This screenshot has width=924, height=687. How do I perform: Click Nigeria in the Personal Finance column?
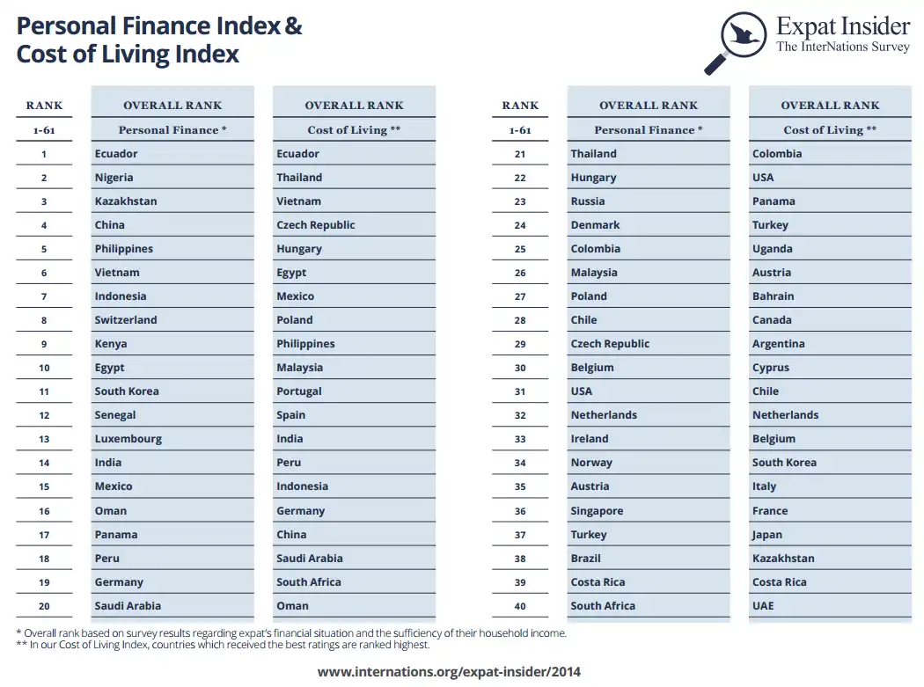pyautogui.click(x=114, y=178)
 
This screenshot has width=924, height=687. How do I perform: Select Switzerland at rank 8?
pyautogui.click(x=126, y=320)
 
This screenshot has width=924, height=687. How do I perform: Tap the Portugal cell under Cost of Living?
pyautogui.click(x=299, y=391)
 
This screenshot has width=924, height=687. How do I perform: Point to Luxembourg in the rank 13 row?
pyautogui.click(x=128, y=439)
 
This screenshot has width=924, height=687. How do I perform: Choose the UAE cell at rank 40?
pyautogui.click(x=763, y=606)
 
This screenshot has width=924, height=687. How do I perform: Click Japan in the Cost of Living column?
pyautogui.click(x=767, y=535)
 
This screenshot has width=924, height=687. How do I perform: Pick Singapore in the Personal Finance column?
pyautogui.click(x=597, y=511)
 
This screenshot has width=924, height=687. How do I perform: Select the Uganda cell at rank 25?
pyautogui.click(x=773, y=249)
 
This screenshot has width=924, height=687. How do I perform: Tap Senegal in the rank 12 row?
pyautogui.click(x=115, y=415)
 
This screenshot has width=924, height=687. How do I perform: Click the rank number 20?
pyautogui.click(x=44, y=606)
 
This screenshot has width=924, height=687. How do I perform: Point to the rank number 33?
pyautogui.click(x=520, y=439)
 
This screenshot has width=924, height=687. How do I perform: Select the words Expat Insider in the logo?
pyautogui.click(x=842, y=26)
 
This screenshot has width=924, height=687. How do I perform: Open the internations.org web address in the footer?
pyautogui.click(x=449, y=672)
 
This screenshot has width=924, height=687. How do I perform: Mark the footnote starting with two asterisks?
pyautogui.click(x=224, y=645)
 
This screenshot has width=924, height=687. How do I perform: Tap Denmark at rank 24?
pyautogui.click(x=595, y=225)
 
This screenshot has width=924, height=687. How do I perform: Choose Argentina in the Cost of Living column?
pyautogui.click(x=779, y=344)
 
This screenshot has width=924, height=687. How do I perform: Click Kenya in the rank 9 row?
pyautogui.click(x=111, y=344)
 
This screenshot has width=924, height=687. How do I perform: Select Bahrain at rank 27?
pyautogui.click(x=774, y=296)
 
